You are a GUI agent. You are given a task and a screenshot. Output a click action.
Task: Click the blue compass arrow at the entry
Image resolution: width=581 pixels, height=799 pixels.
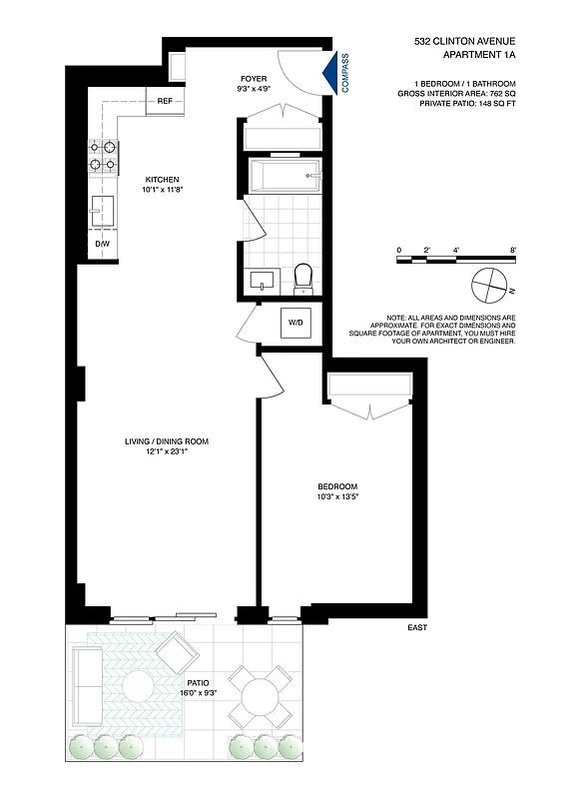click(x=330, y=73)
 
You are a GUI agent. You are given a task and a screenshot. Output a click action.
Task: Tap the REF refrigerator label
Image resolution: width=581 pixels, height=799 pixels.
click(x=166, y=101)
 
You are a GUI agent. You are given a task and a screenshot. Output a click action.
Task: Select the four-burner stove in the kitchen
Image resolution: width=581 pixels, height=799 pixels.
click(x=103, y=156)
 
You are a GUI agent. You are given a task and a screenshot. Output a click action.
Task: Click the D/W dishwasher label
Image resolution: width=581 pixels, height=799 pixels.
click(x=102, y=243)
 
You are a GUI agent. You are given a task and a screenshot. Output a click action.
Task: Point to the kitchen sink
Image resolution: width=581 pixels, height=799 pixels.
click(x=103, y=211)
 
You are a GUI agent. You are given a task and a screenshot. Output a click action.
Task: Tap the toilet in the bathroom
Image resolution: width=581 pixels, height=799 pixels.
click(x=303, y=279)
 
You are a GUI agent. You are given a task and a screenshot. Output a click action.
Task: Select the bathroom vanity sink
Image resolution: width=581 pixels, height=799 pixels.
click(x=265, y=280)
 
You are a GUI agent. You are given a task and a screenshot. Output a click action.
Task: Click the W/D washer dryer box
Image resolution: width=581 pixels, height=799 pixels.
click(x=296, y=323)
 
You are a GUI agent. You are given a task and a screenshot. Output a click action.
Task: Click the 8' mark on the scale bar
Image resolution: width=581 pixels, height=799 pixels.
click(x=512, y=250)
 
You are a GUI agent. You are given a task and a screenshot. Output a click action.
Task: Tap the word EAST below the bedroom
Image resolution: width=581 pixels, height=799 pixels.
click(x=417, y=629)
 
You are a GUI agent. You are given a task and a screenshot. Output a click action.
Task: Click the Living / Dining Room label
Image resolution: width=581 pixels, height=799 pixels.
click(x=166, y=440)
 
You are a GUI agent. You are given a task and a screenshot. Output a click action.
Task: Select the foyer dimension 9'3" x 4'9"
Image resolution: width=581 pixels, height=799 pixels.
click(x=253, y=88)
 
